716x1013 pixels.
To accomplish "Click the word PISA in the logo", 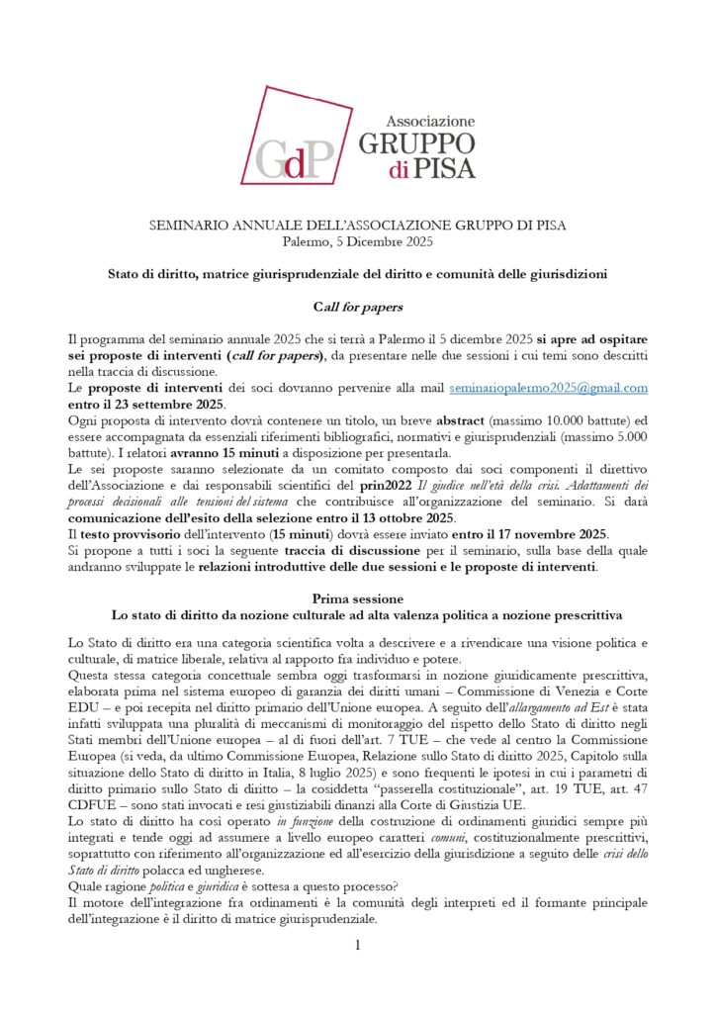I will pos(442,169).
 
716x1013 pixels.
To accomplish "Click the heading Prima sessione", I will pos(357,599).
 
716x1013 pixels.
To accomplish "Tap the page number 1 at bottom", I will pos(358,946).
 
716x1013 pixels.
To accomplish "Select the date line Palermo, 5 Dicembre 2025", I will pos(357,242).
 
